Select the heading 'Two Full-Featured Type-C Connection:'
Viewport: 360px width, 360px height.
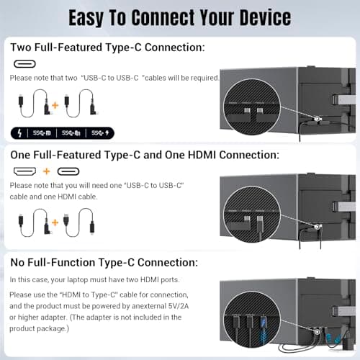pyautogui.click(x=107, y=47)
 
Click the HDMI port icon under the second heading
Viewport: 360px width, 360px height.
pyautogui.click(x=25, y=172)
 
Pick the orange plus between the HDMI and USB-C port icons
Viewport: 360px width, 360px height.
pyautogui.click(x=45, y=172)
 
